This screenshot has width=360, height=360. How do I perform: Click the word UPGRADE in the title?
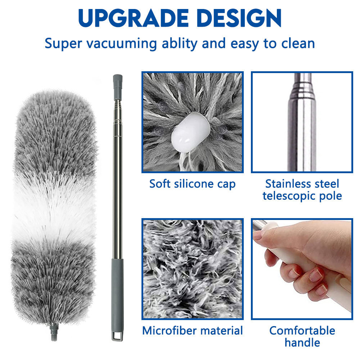[x=134, y=18]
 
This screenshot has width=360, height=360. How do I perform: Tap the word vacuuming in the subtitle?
[x=122, y=44]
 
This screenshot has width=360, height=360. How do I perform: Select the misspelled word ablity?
[x=180, y=43]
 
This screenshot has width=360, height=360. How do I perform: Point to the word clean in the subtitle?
[x=298, y=43]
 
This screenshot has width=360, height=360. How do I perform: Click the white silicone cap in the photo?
[x=190, y=133]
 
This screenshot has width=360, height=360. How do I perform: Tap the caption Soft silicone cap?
[x=192, y=184]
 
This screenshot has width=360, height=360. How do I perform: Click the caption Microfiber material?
[x=192, y=331]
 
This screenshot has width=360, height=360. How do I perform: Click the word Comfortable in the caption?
[x=302, y=331]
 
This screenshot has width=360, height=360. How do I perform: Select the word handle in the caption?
[x=302, y=343]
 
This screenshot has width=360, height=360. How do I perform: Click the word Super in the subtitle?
[x=63, y=44]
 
